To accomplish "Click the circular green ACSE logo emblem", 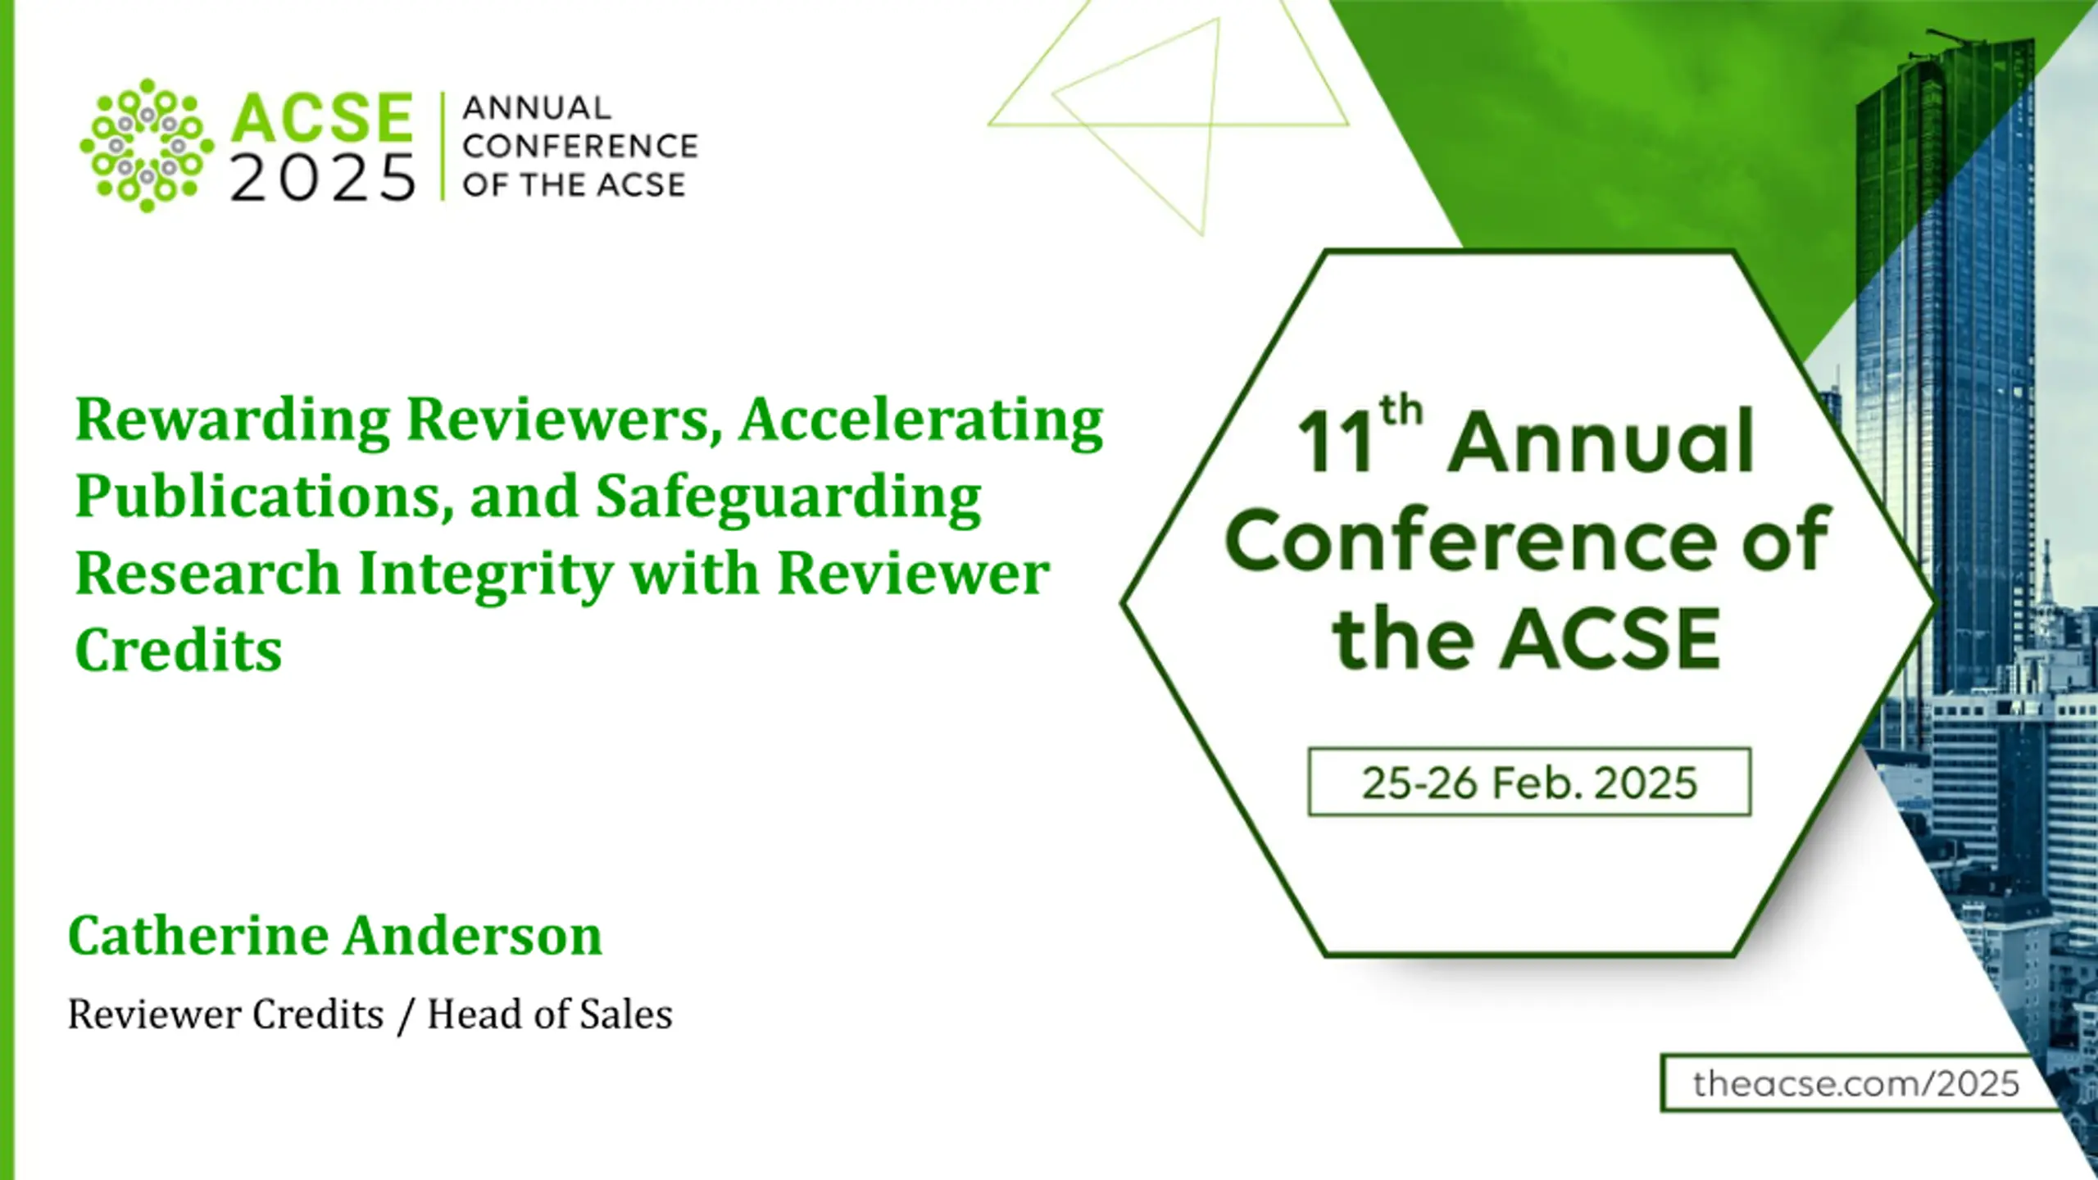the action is pyautogui.click(x=147, y=145).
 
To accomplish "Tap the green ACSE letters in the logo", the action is pyautogui.click(x=321, y=118).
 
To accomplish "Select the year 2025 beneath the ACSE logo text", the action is pyautogui.click(x=323, y=178).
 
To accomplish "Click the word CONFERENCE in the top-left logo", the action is pyautogui.click(x=580, y=147).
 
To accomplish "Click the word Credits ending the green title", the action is pyautogui.click(x=179, y=650).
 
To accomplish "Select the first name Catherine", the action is pyautogui.click(x=198, y=935).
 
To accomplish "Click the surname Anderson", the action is pyautogui.click(x=472, y=935).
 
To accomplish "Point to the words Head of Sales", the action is pyautogui.click(x=550, y=1014).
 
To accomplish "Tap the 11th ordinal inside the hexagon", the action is pyautogui.click(x=1360, y=434).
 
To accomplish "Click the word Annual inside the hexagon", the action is pyautogui.click(x=1601, y=442).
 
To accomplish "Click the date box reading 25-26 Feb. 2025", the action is pyautogui.click(x=1529, y=782).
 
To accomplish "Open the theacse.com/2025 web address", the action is pyautogui.click(x=1856, y=1083).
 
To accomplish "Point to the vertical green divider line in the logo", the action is pyautogui.click(x=443, y=146).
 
